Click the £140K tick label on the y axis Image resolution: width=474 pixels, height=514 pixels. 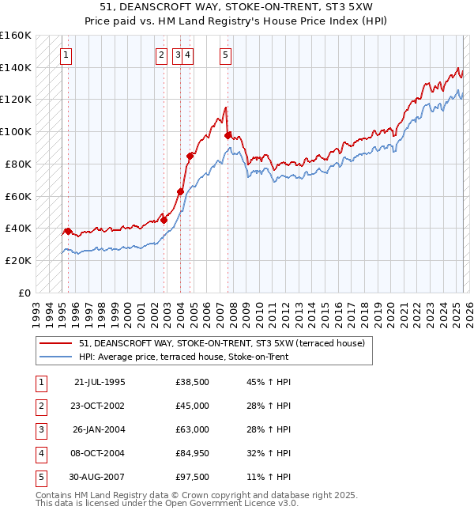coord(16,67)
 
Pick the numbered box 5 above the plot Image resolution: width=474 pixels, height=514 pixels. coord(226,55)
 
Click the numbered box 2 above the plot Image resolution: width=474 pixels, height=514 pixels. coord(161,55)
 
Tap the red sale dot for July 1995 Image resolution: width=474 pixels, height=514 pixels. coord(68,231)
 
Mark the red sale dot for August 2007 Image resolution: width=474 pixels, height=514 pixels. coord(228,136)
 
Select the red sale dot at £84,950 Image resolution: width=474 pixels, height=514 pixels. coord(190,156)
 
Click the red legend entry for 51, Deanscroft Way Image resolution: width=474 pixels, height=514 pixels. coord(221,344)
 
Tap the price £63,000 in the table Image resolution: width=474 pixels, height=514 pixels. coord(192,429)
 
